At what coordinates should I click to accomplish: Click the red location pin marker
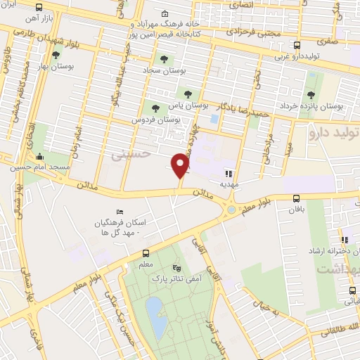pyautogui.click(x=181, y=165)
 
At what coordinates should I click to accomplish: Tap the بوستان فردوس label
pyautogui.click(x=155, y=120)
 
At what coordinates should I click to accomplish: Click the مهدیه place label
pyautogui.click(x=229, y=184)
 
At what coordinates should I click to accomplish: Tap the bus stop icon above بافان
pyautogui.click(x=296, y=198)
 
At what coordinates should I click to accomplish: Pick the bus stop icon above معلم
pyautogui.click(x=146, y=253)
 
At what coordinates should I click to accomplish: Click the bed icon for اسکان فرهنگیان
pyautogui.click(x=119, y=212)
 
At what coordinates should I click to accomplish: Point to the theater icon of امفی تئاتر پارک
pyautogui.click(x=176, y=268)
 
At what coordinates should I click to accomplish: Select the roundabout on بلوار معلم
pyautogui.click(x=231, y=209)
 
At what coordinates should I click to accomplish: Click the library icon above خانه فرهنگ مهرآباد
pyautogui.click(x=165, y=13)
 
